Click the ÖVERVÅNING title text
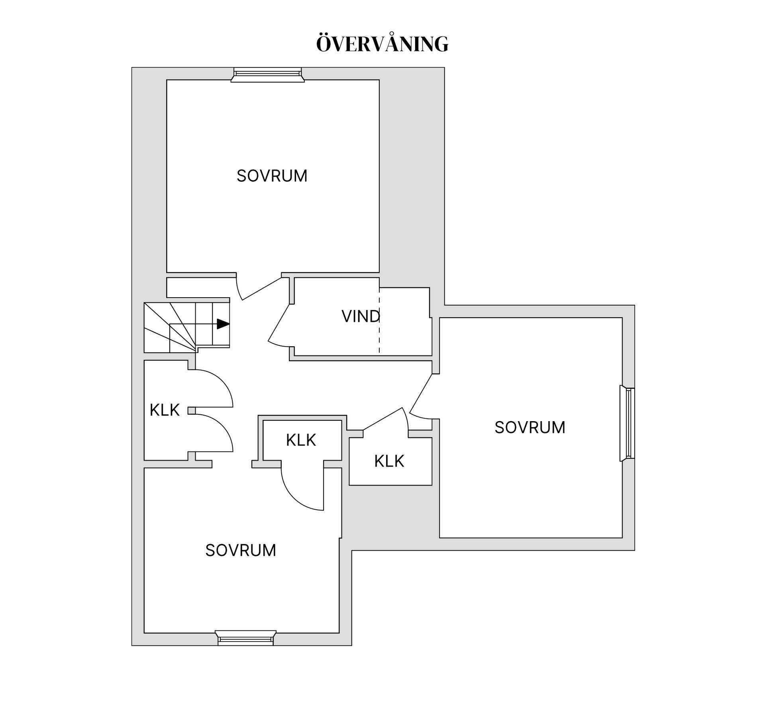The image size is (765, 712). pos(382,44)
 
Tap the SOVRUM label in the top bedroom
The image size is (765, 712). pos(272,176)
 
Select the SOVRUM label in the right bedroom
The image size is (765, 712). pos(530,428)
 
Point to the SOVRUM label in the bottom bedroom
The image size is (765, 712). pos(241,550)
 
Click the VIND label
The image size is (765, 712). pos(361,316)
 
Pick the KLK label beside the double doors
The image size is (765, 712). pos(165,410)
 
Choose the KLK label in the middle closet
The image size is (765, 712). pos(301,440)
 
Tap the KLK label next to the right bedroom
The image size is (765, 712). pos(389,461)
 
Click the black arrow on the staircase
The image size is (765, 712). pos(223,324)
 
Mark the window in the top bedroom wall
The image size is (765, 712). pos(267,75)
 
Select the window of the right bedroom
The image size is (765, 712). pos(627,423)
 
